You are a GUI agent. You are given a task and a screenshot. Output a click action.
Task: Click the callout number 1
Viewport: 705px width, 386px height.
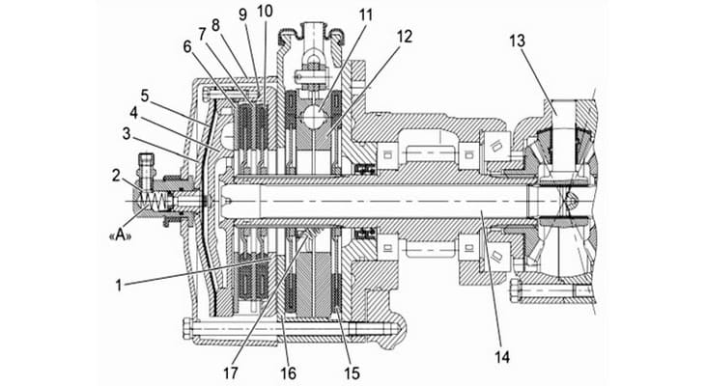[118, 285]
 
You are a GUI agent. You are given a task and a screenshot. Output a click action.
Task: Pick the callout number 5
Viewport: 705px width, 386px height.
[144, 96]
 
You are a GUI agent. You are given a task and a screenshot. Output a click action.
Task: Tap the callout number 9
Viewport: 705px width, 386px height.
[240, 13]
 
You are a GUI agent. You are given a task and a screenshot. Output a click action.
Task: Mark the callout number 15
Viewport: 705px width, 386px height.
[349, 368]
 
